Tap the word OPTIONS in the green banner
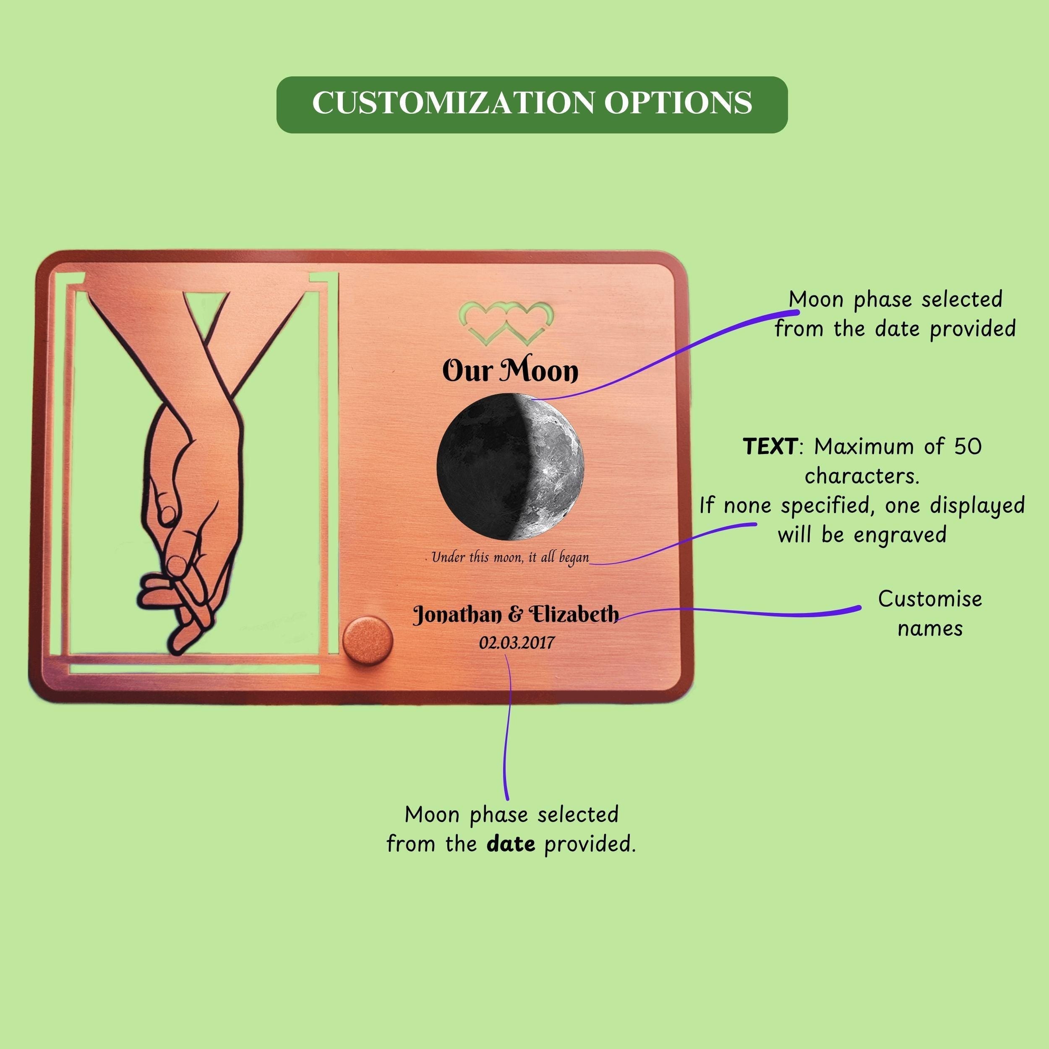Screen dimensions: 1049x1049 [x=678, y=103]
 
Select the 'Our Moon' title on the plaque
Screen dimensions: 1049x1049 [x=510, y=371]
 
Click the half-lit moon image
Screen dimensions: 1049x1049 [x=510, y=467]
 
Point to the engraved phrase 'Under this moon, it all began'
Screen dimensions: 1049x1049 [x=510, y=558]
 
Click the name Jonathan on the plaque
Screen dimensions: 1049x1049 [x=458, y=615]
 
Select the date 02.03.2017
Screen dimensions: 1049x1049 [x=517, y=643]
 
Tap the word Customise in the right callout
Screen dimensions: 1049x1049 [x=930, y=599]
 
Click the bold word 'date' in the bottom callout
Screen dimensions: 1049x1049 [x=511, y=844]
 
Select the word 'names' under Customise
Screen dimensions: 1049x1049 [x=930, y=629]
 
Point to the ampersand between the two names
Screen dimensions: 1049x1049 [x=516, y=615]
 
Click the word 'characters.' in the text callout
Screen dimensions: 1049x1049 [x=862, y=476]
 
